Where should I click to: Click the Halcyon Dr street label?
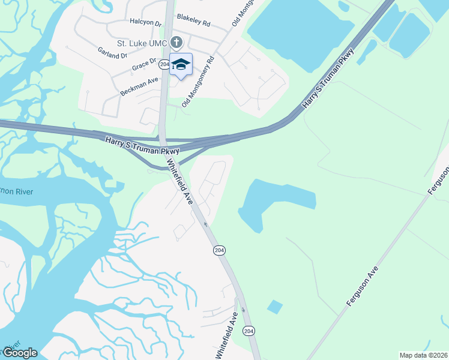(x=146, y=23)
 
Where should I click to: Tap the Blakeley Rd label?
(x=193, y=23)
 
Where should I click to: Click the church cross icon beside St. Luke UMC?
(x=176, y=43)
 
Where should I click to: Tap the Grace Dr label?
(x=144, y=65)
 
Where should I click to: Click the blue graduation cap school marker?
(x=181, y=65)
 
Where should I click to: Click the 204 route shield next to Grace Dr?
(x=164, y=64)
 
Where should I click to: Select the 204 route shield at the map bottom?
(x=249, y=331)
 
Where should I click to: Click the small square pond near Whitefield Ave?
(x=274, y=307)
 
